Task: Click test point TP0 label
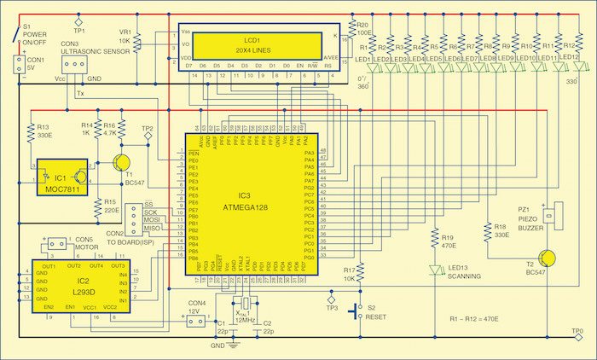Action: [578, 329]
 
